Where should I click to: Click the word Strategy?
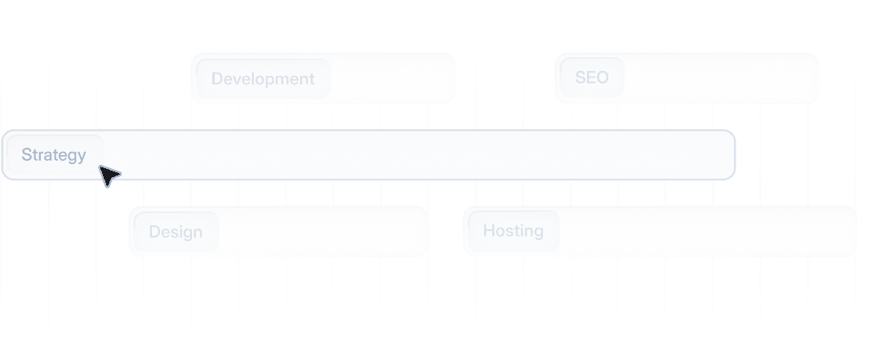pyautogui.click(x=54, y=155)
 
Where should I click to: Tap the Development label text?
pyautogui.click(x=262, y=79)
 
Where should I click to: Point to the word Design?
pyautogui.click(x=175, y=232)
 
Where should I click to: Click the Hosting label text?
pyautogui.click(x=512, y=232)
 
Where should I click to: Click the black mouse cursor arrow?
pyautogui.click(x=108, y=175)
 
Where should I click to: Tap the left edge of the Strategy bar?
pyautogui.click(x=5, y=155)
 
